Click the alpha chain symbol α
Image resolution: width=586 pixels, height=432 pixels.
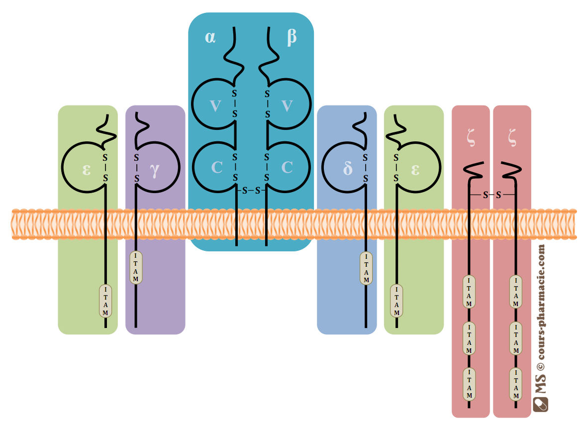point(210,37)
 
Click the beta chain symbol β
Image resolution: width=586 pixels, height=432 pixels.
point(292,37)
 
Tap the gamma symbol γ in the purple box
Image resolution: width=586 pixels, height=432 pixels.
point(155,171)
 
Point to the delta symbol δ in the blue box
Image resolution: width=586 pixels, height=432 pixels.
point(348,169)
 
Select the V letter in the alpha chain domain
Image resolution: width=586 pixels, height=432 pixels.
point(215,106)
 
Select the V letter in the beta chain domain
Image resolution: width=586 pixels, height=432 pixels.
point(287,106)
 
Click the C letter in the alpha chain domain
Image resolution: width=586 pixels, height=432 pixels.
point(217,167)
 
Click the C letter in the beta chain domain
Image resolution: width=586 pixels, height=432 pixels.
point(287,167)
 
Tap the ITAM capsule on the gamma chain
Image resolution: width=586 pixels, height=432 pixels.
point(136,267)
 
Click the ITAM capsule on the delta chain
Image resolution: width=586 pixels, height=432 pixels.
point(366,268)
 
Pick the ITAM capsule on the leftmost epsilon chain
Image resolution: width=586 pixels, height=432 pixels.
point(105,301)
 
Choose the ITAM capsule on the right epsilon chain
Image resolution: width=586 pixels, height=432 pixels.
point(396,301)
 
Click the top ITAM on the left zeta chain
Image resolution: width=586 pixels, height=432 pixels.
point(469,292)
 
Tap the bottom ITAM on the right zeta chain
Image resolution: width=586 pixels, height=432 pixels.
point(516,384)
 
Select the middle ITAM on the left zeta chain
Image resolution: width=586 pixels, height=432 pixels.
point(469,338)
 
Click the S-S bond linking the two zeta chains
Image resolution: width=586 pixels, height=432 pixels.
point(492,195)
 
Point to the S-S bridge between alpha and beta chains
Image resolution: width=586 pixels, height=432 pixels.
point(251,191)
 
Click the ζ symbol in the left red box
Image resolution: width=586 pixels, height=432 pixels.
point(471,137)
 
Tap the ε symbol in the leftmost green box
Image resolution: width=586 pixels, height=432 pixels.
point(87,170)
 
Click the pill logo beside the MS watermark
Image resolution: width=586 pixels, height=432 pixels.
point(540,404)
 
